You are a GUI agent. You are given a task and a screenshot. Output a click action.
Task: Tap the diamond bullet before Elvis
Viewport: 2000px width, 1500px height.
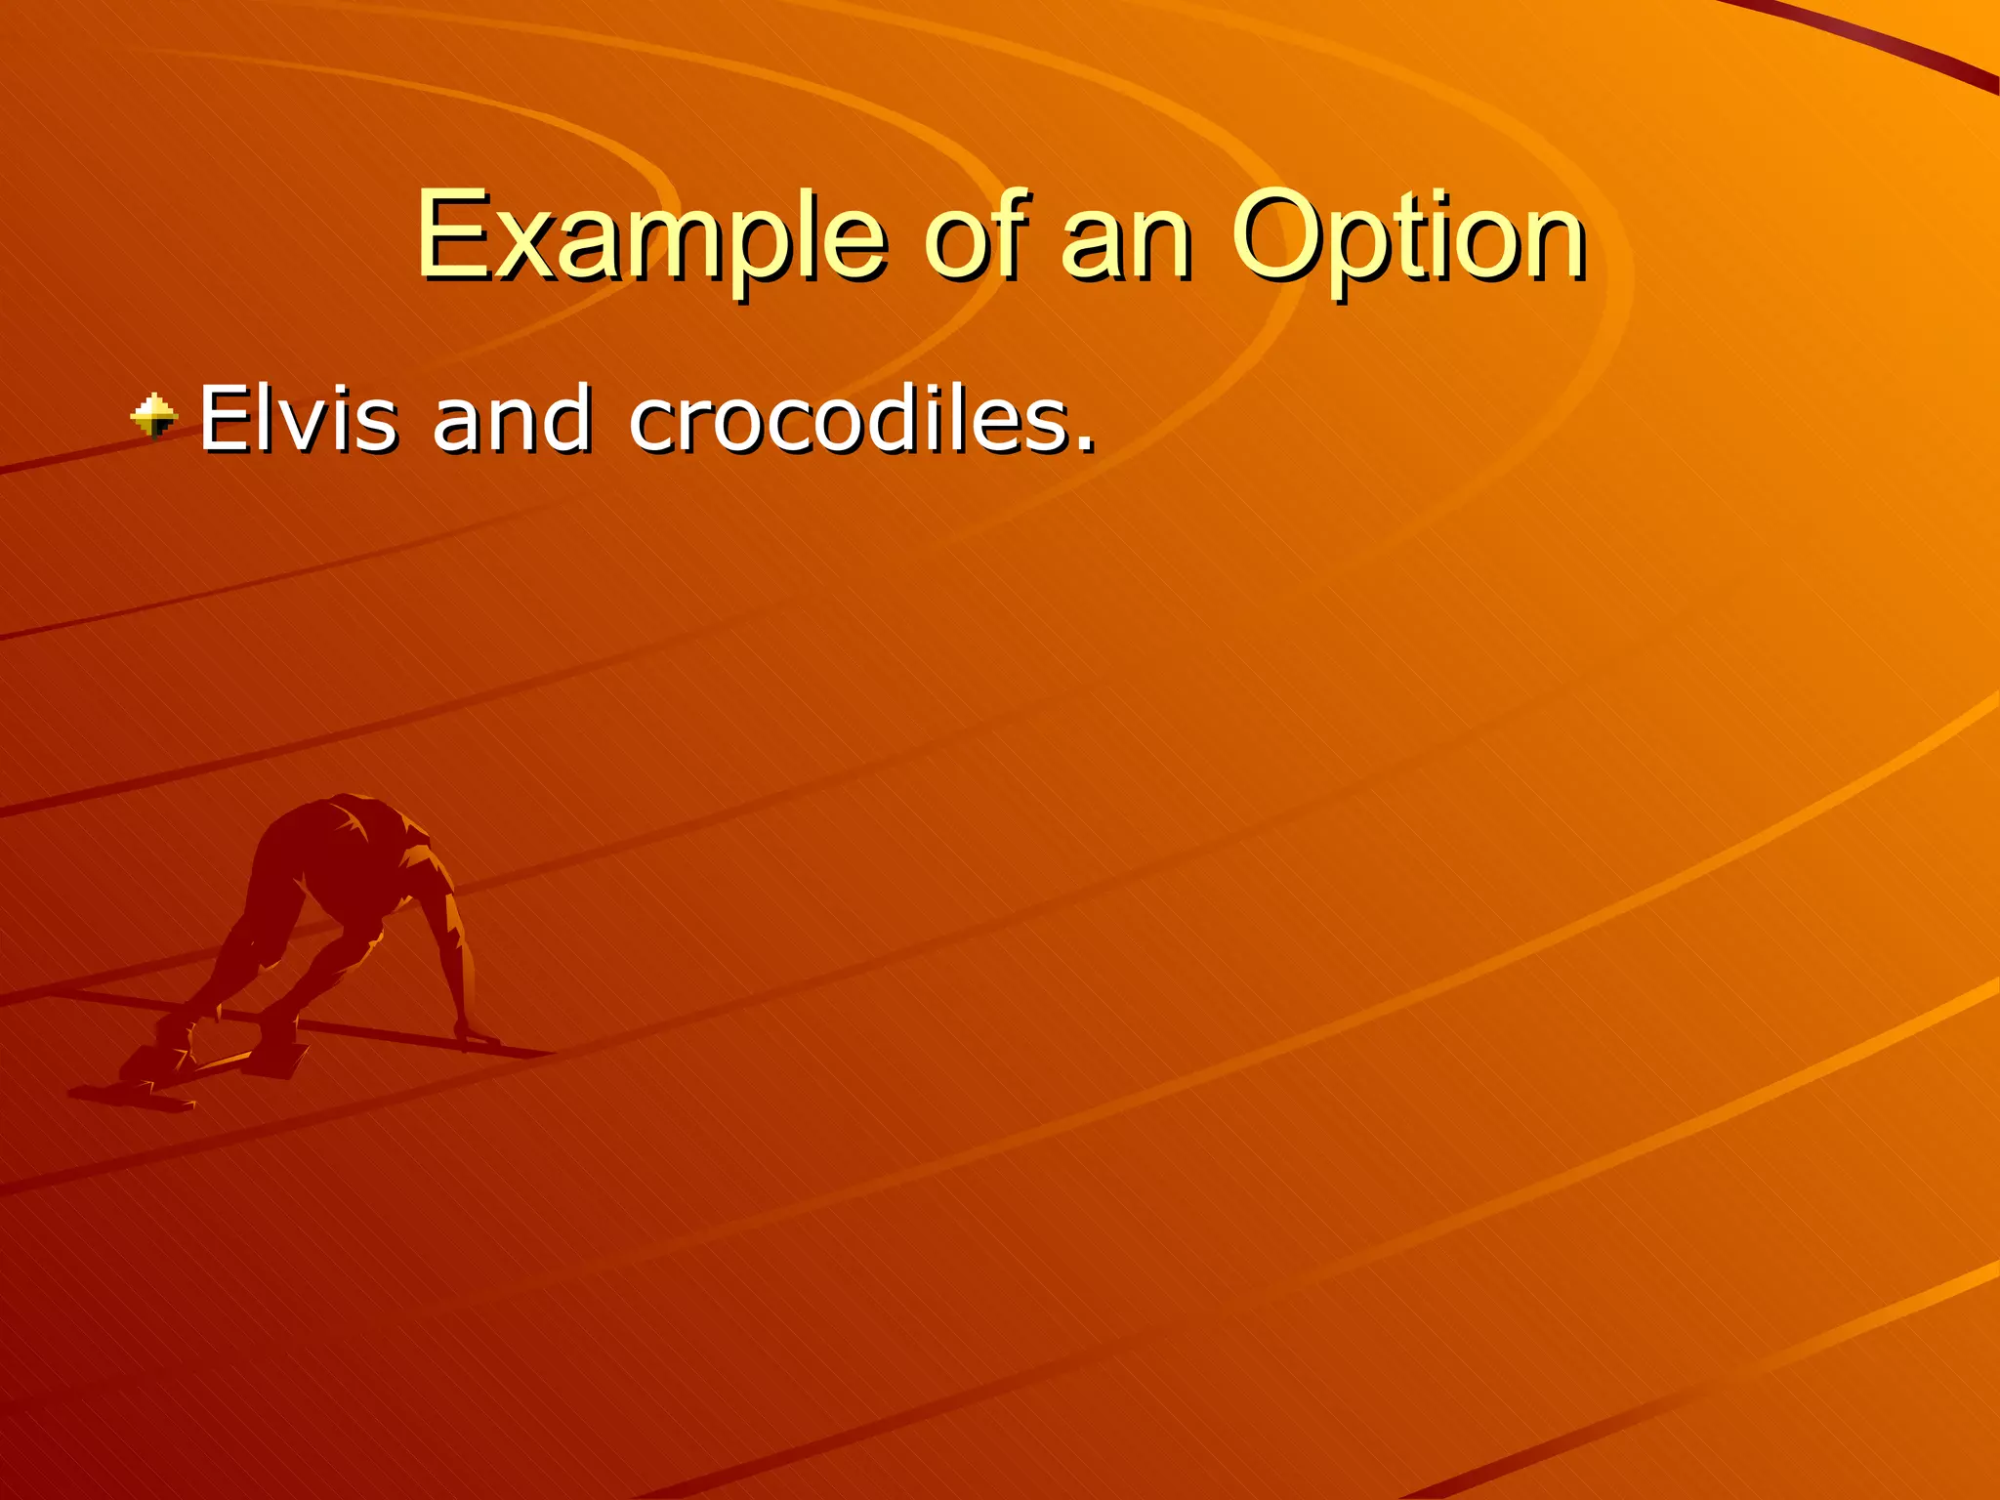pos(154,417)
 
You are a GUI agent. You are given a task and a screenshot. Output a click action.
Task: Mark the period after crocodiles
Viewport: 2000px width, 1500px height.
pos(1084,444)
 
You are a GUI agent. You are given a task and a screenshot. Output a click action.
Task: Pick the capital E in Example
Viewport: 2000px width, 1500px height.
pos(448,234)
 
